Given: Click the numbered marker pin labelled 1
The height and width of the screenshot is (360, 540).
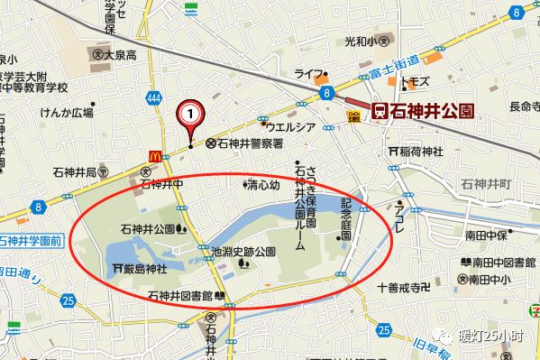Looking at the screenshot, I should (190, 114).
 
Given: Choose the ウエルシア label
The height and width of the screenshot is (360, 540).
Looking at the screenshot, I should (288, 127).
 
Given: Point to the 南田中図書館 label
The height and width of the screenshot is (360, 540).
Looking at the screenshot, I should (500, 263).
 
